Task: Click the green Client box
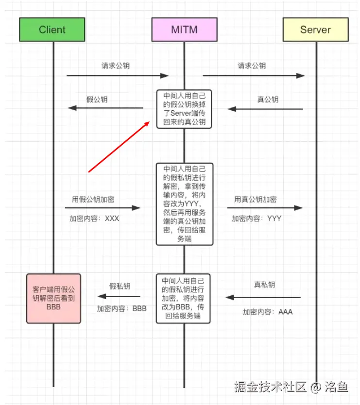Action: coord(52,30)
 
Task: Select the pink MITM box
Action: coord(184,30)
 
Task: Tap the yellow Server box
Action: coord(316,30)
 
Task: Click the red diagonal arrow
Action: coord(119,147)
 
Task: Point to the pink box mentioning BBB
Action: coord(53,298)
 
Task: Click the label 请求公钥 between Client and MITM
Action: coord(116,66)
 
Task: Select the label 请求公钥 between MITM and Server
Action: coord(252,66)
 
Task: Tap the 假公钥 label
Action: coord(97,100)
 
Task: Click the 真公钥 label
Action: coord(268,100)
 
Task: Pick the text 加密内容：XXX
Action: coord(94,219)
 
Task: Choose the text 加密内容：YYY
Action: coord(256,219)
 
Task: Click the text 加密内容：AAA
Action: coord(268,312)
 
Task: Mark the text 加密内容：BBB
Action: coord(121,308)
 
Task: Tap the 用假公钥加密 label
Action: coord(93,199)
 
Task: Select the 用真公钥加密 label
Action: coord(256,199)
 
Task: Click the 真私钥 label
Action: coord(264,285)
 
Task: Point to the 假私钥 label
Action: coord(120,287)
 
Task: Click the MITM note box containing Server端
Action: coord(185,109)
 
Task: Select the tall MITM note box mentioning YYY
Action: coord(185,204)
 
